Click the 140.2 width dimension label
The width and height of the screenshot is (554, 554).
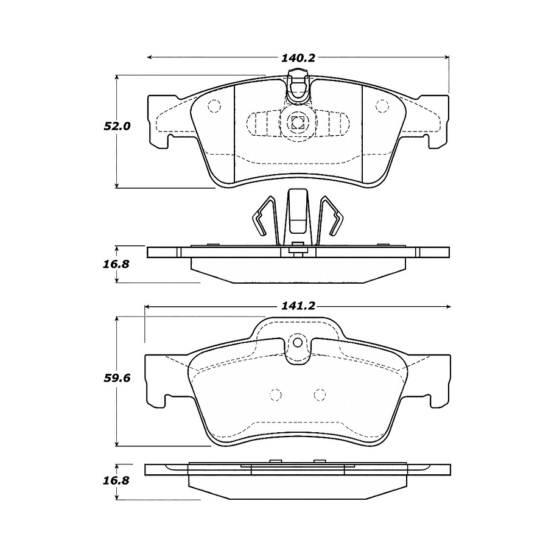298,58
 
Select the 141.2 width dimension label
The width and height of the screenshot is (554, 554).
298,306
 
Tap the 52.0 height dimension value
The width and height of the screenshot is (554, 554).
117,126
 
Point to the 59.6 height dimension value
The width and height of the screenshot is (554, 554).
117,378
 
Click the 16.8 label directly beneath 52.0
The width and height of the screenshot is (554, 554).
116,264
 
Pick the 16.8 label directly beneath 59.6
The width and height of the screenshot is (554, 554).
116,480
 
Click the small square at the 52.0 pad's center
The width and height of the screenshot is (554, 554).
298,122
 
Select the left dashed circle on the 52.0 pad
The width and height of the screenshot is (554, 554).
214,106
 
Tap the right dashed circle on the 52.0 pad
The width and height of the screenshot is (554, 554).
382,106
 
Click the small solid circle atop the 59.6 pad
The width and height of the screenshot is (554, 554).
298,342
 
